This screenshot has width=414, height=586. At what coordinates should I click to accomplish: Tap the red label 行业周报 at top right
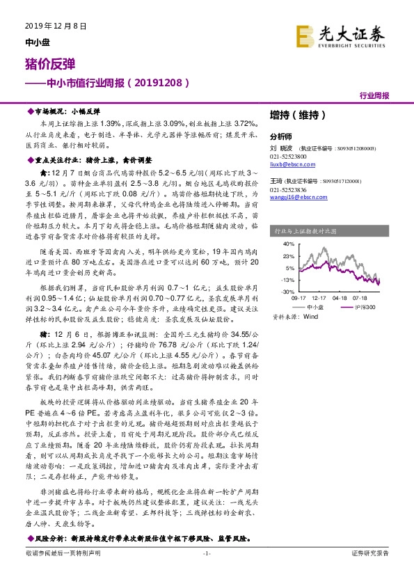click(374, 95)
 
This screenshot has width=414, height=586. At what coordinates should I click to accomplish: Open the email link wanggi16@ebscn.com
click(295, 197)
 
